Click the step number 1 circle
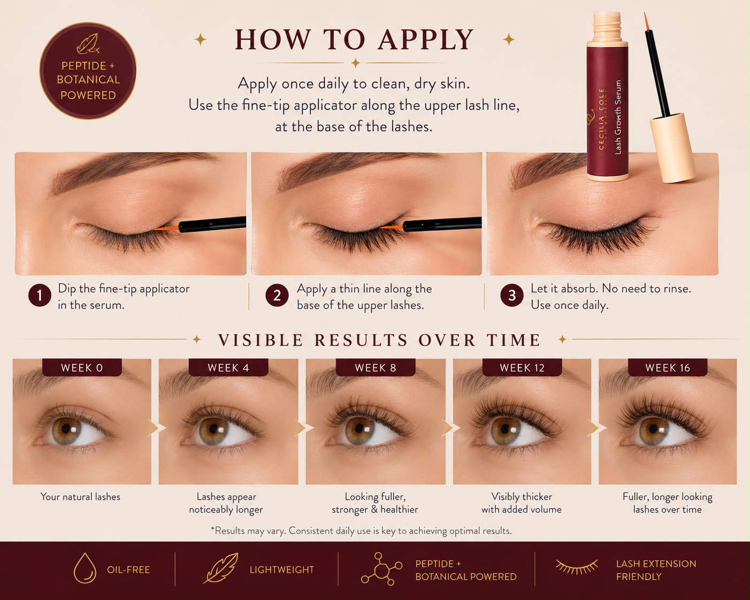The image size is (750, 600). coord(40,295)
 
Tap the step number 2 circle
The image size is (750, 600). coord(277,295)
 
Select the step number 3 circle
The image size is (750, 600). coord(511,295)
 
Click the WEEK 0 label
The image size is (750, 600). coord(82,367)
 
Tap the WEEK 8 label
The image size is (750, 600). coord(376,367)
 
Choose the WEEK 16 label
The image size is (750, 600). coord(668,367)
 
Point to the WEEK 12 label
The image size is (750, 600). coord(522,367)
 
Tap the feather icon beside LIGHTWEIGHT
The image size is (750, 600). coord(220,568)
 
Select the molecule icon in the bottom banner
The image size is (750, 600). coord(381,568)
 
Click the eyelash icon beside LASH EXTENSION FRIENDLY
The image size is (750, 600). coord(577,566)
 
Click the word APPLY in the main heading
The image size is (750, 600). coord(426,40)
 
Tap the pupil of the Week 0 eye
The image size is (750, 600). coord(66,428)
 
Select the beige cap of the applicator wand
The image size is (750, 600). coord(672,148)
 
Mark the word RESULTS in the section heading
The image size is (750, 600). coord(361,340)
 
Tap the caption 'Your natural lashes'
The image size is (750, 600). coord(80,497)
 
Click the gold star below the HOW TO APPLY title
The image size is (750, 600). coord(356,63)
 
